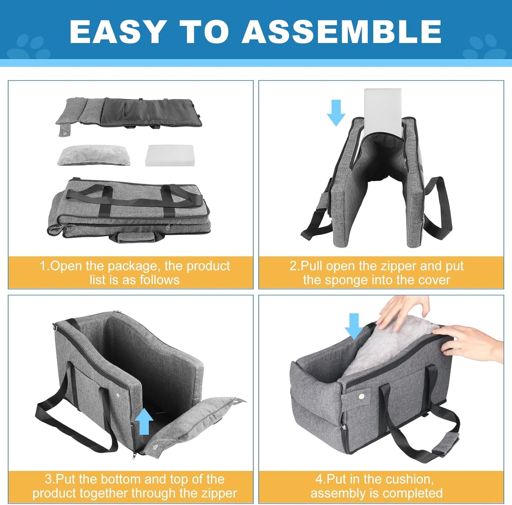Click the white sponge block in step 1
point(169,155)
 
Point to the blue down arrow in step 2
point(336,113)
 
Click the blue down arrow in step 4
point(354,327)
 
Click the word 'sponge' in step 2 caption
point(347,280)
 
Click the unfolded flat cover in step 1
point(129,113)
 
